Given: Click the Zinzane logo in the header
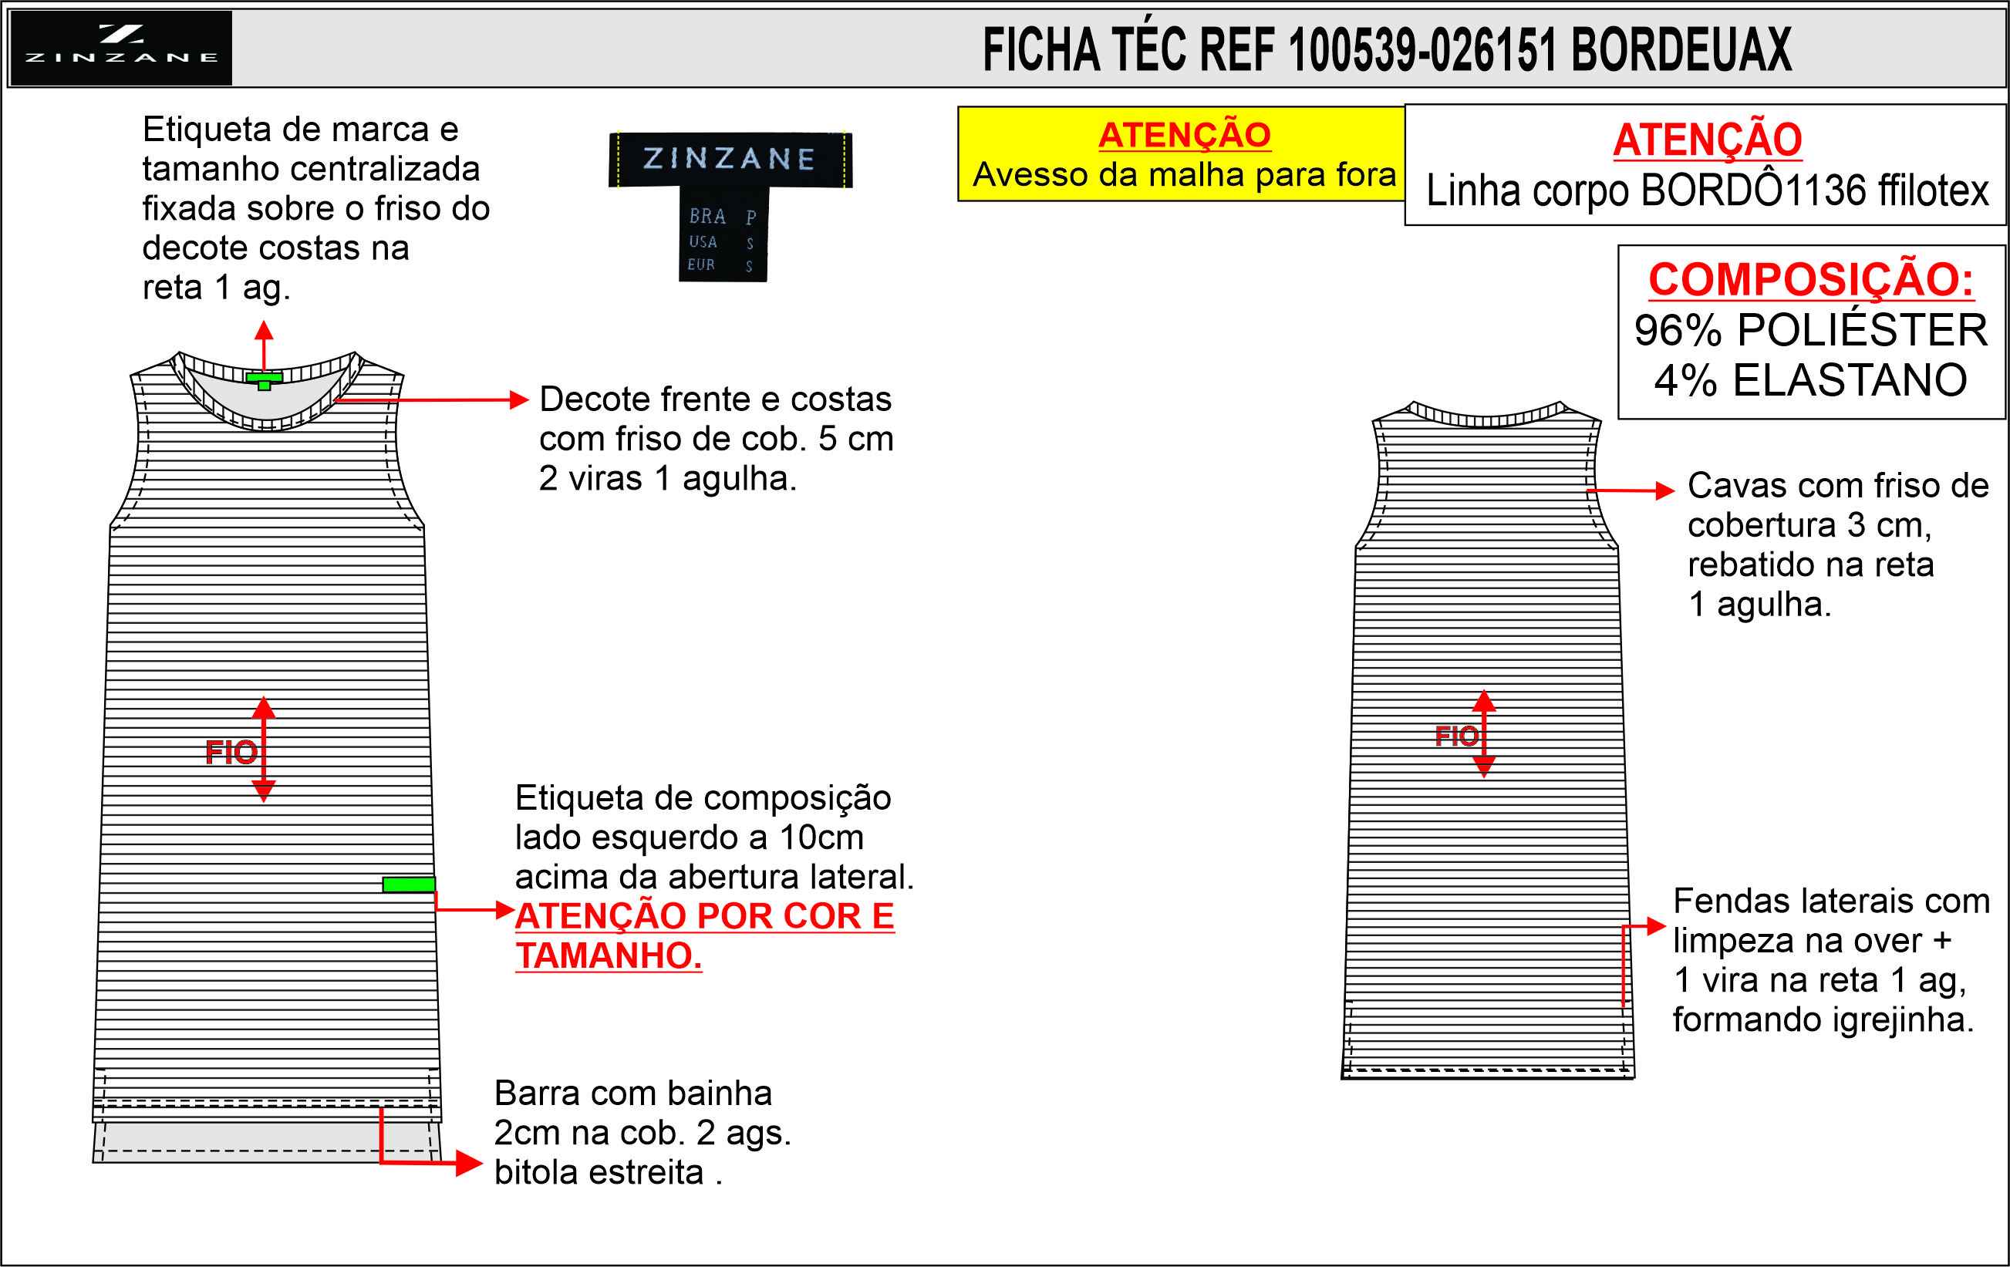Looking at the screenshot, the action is tap(121, 48).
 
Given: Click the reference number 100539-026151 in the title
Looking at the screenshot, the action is tap(1422, 49).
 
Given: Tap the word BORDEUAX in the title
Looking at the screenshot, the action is tap(1681, 49).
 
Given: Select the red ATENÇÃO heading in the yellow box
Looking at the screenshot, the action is tap(1185, 135).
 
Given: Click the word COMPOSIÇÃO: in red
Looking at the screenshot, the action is tap(1811, 279).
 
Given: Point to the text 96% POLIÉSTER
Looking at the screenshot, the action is tap(1811, 330).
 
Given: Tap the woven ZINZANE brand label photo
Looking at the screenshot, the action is tap(730, 205).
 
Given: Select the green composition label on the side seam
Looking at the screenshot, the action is tap(408, 885).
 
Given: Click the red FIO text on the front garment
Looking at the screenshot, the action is tap(231, 753).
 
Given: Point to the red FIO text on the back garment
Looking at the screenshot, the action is tap(1456, 736).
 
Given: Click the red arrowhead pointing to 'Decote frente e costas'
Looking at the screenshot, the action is tap(519, 399).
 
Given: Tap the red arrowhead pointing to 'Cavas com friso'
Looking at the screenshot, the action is tap(1665, 490).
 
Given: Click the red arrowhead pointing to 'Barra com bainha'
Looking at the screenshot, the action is tap(469, 1164).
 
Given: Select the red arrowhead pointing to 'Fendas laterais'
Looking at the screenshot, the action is tap(1657, 925).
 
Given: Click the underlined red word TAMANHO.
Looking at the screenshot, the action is tap(609, 955).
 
